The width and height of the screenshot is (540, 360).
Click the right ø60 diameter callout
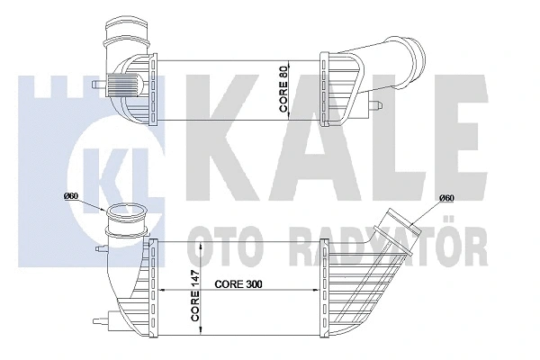point(444,199)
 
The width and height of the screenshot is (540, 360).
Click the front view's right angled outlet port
point(405,225)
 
